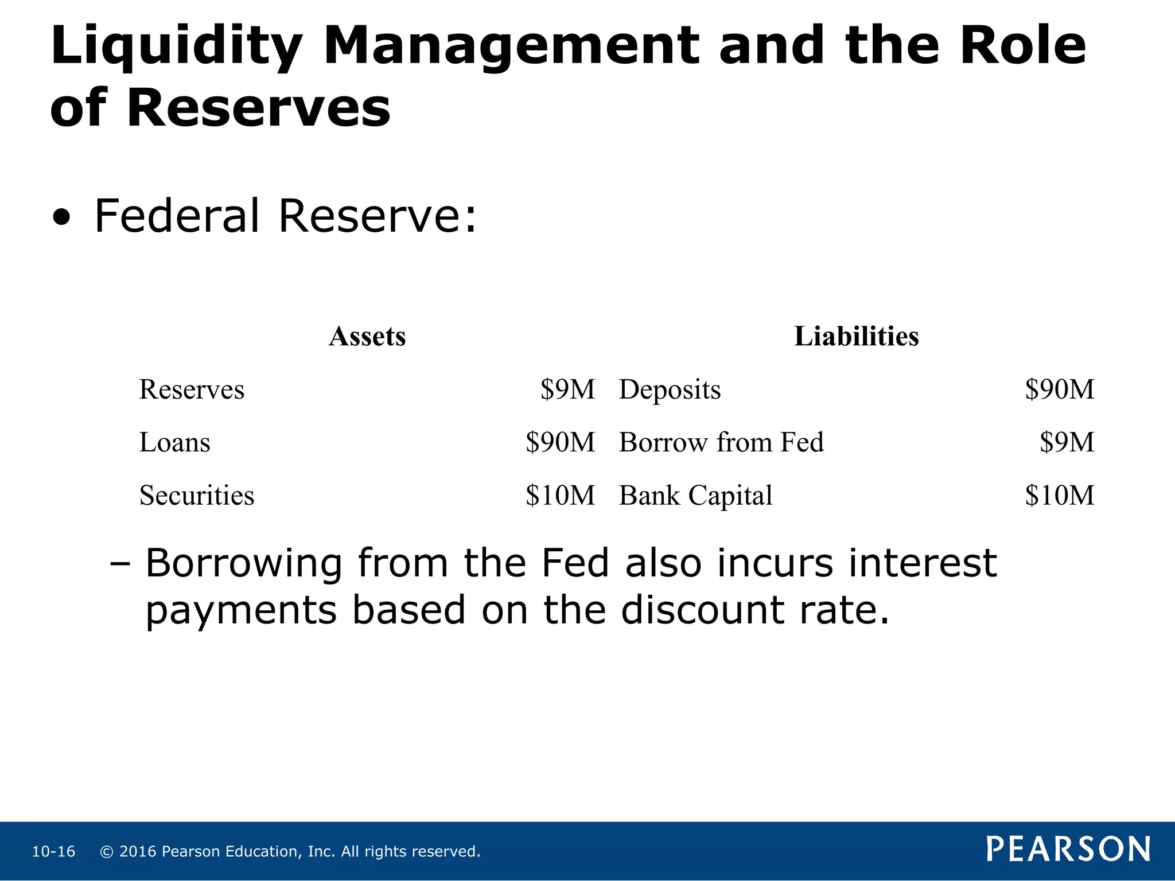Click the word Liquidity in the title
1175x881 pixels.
176,47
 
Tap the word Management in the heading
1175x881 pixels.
511,47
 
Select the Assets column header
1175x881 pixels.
367,336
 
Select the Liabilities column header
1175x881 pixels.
856,336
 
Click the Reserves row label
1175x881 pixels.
192,389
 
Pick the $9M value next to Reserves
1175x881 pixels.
567,389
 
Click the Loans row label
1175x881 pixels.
174,442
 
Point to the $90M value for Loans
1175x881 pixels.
560,442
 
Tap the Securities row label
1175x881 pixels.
196,495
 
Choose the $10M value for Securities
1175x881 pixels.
560,495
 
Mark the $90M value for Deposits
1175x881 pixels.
1060,389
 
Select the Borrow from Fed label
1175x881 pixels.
721,442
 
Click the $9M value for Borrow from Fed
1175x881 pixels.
1067,442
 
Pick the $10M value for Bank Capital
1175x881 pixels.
1060,495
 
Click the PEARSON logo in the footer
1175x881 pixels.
1068,849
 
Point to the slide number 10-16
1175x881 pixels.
53,852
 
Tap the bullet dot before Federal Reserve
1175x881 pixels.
61,218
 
